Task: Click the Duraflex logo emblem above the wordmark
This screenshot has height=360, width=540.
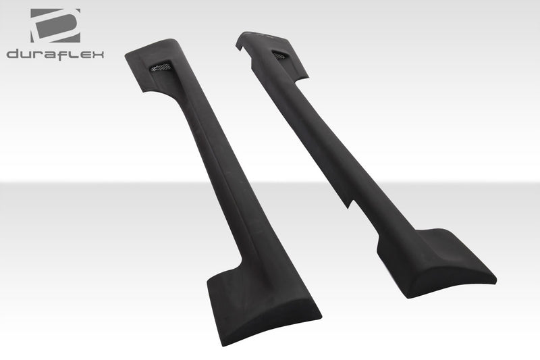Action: point(55,25)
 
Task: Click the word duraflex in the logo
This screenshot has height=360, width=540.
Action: point(55,54)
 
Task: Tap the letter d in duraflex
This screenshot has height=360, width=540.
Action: point(12,54)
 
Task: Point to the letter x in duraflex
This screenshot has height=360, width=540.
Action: point(98,54)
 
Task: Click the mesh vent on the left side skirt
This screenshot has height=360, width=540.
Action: point(160,66)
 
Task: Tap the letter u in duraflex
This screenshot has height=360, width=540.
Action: point(24,54)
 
